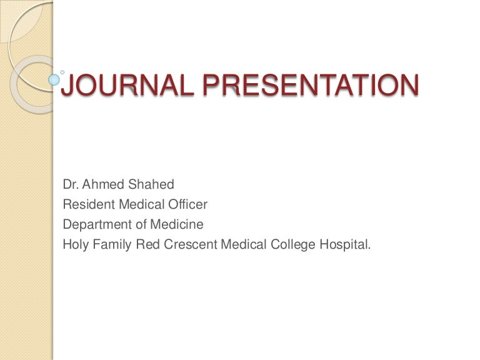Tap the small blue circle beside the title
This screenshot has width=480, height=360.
(x=54, y=80)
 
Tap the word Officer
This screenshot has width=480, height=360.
(x=186, y=204)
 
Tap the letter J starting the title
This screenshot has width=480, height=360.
(x=67, y=86)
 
